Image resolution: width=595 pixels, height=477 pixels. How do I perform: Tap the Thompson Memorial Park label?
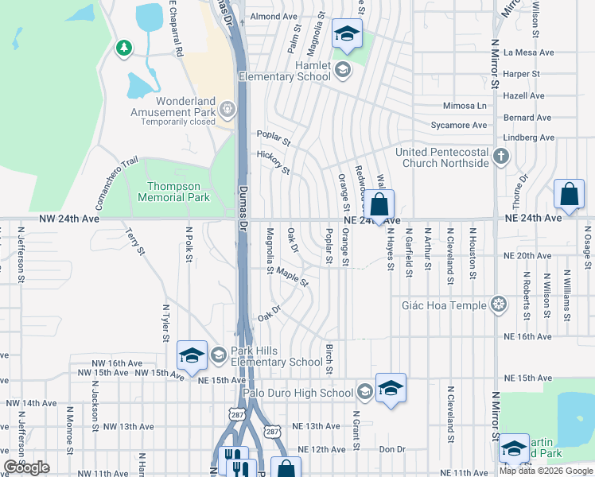pos(173,191)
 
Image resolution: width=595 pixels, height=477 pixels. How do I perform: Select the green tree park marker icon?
pos(123,49)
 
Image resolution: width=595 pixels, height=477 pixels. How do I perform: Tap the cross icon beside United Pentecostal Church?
pos(501,156)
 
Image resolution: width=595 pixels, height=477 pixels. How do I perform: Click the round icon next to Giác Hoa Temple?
pos(499,304)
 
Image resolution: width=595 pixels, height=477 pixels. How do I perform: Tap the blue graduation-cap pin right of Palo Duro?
pos(391,389)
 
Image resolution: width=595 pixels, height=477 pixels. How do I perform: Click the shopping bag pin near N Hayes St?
pos(380,204)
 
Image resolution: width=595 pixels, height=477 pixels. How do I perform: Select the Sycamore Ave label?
pos(457,126)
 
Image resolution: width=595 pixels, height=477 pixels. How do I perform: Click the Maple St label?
pos(292,277)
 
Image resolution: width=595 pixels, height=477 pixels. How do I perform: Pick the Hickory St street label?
pos(273,162)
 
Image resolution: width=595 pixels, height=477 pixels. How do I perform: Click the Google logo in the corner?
pos(26,467)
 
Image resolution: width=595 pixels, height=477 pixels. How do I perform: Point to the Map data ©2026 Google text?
pos(546,471)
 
